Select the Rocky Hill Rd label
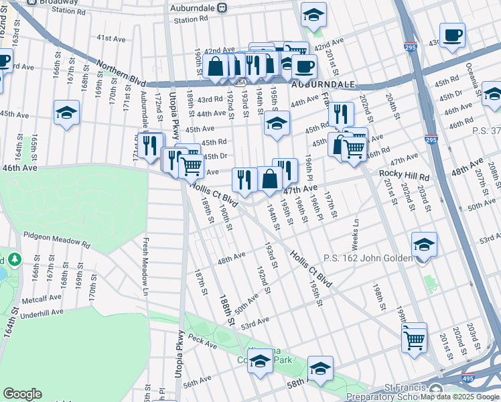pyautogui.click(x=404, y=174)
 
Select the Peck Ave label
pyautogui.click(x=203, y=344)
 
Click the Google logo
pyautogui.click(x=22, y=394)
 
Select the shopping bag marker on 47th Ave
pyautogui.click(x=270, y=180)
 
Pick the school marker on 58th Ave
pyautogui.click(x=320, y=369)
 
